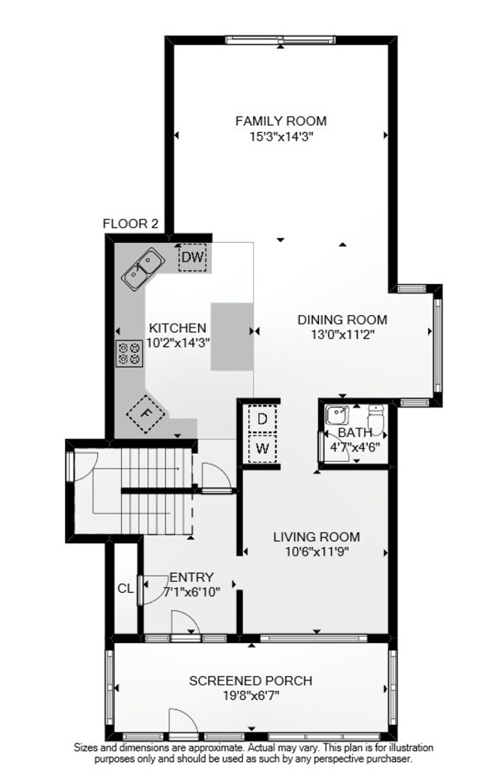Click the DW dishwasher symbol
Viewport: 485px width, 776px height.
tap(192, 258)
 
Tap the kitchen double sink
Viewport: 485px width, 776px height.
tap(144, 269)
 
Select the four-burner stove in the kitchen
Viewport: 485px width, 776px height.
tap(129, 354)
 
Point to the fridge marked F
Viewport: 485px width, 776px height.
tap(146, 414)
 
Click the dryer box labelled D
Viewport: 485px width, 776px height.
tap(262, 419)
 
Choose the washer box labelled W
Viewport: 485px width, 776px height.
tap(262, 449)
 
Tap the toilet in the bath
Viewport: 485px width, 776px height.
tap(376, 419)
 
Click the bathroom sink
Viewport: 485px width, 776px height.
tap(337, 414)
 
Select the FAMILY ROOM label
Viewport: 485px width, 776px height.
tap(281, 121)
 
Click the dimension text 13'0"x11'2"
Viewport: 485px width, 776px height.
tap(342, 334)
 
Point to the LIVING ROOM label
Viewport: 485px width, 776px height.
tap(317, 536)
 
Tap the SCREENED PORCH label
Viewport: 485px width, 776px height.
tap(251, 681)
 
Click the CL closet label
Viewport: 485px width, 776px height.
tap(126, 588)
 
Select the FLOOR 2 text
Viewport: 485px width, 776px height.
tap(130, 223)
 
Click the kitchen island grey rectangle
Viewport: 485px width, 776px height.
tap(232, 337)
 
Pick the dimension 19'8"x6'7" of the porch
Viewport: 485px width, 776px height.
tap(251, 695)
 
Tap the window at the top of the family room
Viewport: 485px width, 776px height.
tap(280, 40)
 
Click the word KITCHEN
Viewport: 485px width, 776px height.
tap(178, 327)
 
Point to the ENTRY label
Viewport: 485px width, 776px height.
tap(192, 577)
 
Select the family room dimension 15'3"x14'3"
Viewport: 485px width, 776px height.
tap(282, 136)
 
